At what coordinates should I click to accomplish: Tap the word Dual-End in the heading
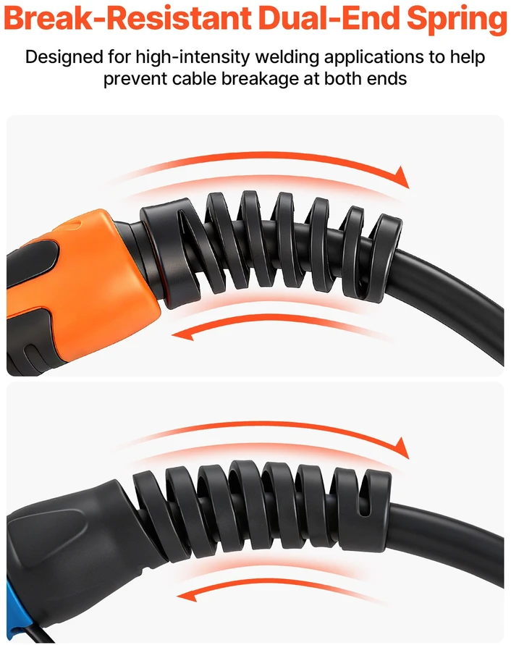(x=329, y=19)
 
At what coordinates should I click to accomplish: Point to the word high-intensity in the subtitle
(x=193, y=57)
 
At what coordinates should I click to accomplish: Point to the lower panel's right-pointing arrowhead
(x=401, y=447)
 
